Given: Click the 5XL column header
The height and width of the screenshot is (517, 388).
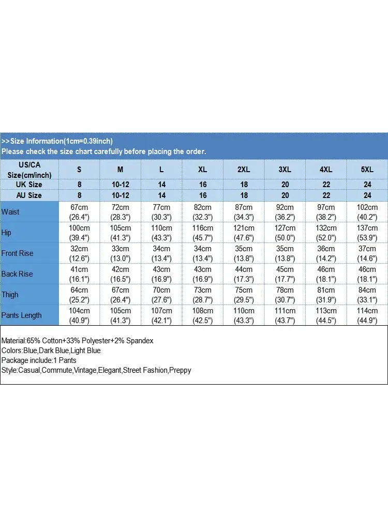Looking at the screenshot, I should (x=367, y=169).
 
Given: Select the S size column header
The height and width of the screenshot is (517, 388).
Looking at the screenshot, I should (x=79, y=169).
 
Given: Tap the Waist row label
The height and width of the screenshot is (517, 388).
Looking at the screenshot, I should (x=11, y=212).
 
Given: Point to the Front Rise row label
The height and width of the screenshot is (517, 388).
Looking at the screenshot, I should (x=17, y=253).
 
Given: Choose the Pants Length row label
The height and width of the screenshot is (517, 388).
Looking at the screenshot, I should (x=22, y=315).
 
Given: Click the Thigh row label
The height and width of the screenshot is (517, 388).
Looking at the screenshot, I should (x=10, y=295).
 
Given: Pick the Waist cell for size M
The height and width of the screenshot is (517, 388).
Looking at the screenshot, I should (x=121, y=212).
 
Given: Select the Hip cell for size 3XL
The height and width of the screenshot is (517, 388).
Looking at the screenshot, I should (x=285, y=233).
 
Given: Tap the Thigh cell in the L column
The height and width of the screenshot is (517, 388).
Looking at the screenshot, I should (x=162, y=295).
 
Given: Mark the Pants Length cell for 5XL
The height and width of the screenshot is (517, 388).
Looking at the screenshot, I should (x=367, y=315).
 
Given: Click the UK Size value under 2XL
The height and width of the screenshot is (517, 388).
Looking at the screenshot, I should (x=244, y=185).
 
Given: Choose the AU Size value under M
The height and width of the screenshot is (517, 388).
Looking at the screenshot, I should (x=121, y=195).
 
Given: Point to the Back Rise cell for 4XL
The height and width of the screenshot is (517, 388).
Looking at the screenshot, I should (x=326, y=274).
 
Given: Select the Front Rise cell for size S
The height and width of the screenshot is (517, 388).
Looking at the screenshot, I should (x=79, y=253).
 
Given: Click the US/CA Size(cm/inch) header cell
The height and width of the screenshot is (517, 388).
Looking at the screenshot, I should (x=29, y=169).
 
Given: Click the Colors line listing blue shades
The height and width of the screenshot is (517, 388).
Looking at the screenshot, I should (x=51, y=351).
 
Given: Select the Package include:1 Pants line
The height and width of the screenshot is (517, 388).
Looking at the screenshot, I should (x=39, y=360).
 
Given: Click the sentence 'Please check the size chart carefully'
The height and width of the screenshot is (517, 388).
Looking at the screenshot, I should (x=103, y=151).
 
